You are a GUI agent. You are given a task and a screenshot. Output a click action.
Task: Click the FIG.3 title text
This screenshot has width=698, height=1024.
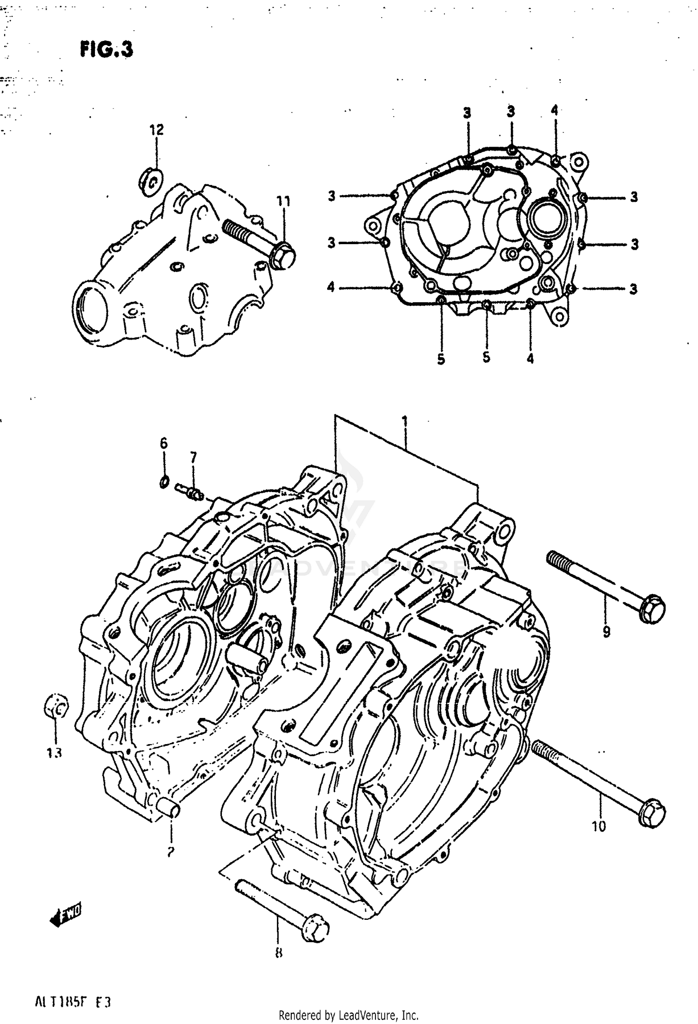click(107, 49)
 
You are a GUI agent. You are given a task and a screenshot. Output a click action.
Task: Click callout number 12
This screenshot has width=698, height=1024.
click(157, 130)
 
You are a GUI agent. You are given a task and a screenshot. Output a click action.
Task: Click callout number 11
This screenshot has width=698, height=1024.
click(283, 201)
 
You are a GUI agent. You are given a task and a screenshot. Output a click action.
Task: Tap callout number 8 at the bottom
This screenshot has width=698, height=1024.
click(279, 964)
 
